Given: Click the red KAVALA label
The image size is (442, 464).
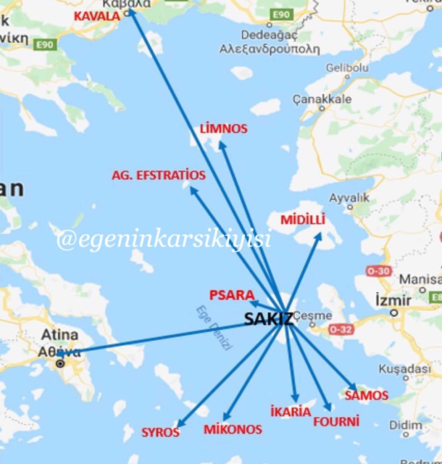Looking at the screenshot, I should (97, 16).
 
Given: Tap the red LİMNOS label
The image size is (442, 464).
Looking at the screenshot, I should (223, 129).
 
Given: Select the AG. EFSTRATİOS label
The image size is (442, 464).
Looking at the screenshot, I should (159, 175).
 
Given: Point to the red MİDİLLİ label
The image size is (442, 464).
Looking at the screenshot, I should (303, 220).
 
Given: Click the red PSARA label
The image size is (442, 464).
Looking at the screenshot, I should (232, 295).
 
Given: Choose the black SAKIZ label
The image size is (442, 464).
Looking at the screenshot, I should (269, 319).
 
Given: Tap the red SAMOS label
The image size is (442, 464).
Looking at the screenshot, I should (367, 396).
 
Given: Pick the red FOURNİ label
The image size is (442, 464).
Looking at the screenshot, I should (336, 421).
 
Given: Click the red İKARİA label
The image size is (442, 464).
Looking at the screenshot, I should (291, 412).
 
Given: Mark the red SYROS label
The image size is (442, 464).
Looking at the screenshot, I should (160, 432).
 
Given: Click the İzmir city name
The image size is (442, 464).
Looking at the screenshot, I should (393, 300).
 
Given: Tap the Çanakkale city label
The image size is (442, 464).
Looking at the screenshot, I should (322, 99).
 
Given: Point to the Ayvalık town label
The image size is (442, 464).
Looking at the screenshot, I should (349, 198).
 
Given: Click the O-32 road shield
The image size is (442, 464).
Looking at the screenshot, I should (340, 329).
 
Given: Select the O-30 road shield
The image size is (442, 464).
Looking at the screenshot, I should (379, 271).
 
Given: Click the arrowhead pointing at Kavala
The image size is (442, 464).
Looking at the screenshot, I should (130, 11).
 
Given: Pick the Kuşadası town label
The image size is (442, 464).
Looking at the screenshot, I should (405, 369).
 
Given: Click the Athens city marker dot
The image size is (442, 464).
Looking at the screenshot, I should (60, 363).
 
